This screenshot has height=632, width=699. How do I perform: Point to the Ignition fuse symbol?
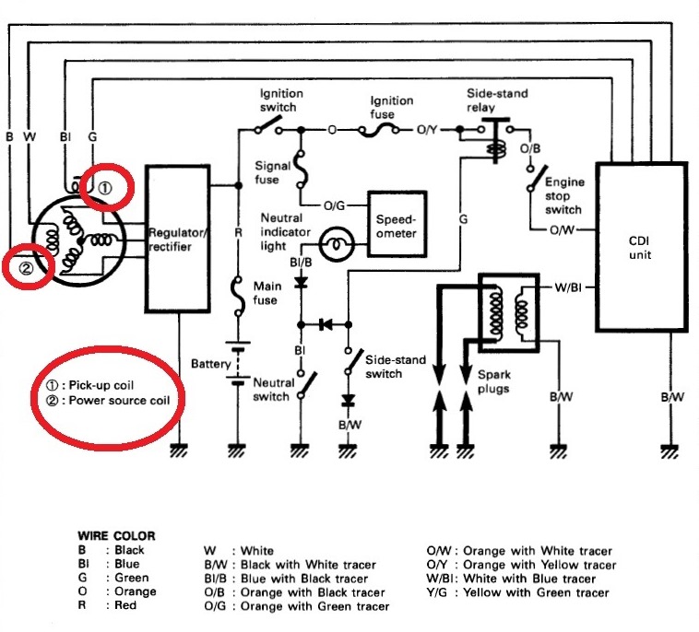pyautogui.click(x=382, y=131)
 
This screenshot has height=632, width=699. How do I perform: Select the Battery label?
pyautogui.click(x=210, y=364)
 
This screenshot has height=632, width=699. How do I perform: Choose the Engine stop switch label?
pyautogui.click(x=563, y=196)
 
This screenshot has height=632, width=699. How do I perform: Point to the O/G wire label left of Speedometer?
pyautogui.click(x=333, y=205)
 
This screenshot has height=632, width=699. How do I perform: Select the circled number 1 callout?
pyautogui.click(x=105, y=187)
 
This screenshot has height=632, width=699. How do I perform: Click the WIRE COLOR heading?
pyautogui.click(x=115, y=535)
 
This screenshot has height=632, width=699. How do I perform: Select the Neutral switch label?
pyautogui.click(x=271, y=389)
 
